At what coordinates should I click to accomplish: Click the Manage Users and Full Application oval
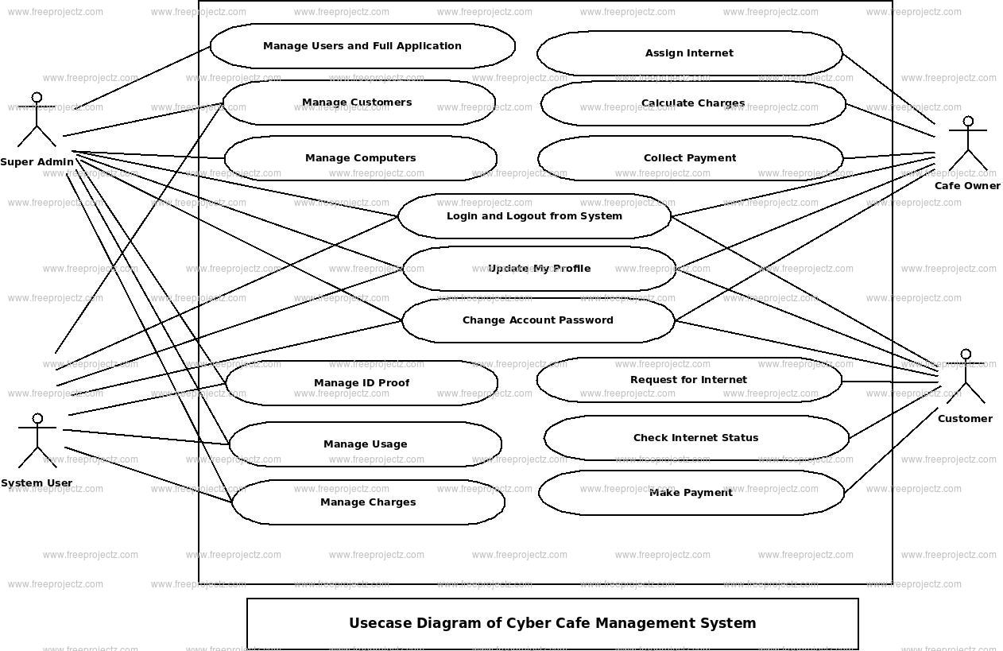[x=362, y=46]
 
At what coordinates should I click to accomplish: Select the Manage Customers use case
[x=358, y=103]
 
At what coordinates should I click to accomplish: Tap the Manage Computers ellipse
[x=360, y=158]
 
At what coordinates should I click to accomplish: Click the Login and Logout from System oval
[x=534, y=216]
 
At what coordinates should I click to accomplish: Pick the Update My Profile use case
[x=539, y=269]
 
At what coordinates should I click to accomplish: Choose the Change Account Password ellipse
[x=538, y=320]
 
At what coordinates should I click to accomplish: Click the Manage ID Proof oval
[x=362, y=383]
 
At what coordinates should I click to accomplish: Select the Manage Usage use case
[x=365, y=444]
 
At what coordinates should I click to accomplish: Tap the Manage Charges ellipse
[x=368, y=502]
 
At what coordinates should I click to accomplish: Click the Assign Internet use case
[x=689, y=53]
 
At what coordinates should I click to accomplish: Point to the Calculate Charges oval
[x=693, y=103]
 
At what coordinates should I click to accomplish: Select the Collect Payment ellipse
[x=690, y=158]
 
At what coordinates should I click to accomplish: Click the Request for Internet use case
[x=688, y=380]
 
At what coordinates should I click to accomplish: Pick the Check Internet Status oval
[x=696, y=438]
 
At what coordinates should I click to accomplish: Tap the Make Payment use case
[x=691, y=493]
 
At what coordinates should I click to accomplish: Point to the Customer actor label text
[x=965, y=419]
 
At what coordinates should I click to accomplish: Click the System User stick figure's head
[x=37, y=419]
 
